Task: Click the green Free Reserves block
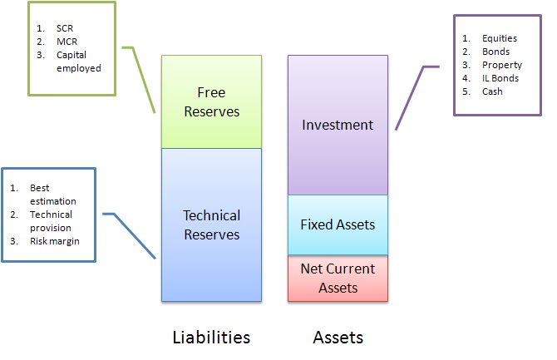(x=211, y=101)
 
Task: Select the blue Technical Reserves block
(x=211, y=224)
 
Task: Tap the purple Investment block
(x=338, y=125)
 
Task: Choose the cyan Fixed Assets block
(x=338, y=224)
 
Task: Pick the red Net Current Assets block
(x=338, y=278)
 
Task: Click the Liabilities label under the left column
(x=210, y=337)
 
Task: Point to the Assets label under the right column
(x=338, y=337)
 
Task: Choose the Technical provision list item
(x=50, y=222)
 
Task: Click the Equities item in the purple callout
(x=499, y=38)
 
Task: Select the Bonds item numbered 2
(x=495, y=52)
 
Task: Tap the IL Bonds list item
(x=500, y=78)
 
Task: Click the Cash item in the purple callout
(x=492, y=91)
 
